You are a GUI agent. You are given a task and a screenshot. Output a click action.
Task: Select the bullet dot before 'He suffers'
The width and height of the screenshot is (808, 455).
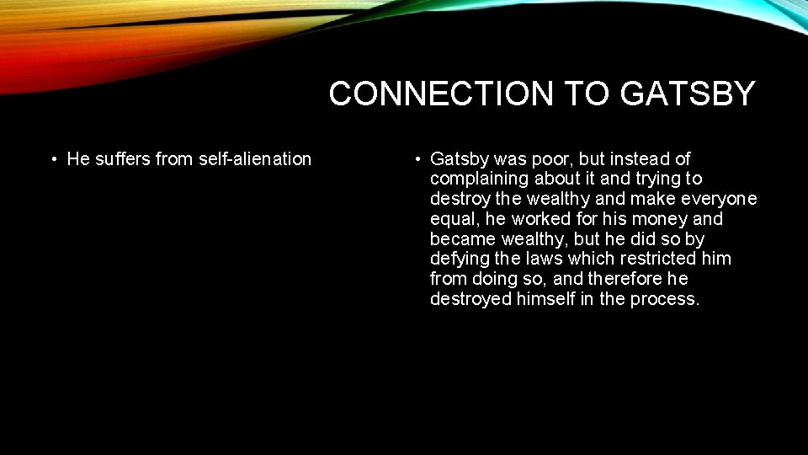click(54, 159)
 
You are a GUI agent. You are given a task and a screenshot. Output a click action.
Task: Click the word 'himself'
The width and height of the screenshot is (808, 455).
click(544, 299)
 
